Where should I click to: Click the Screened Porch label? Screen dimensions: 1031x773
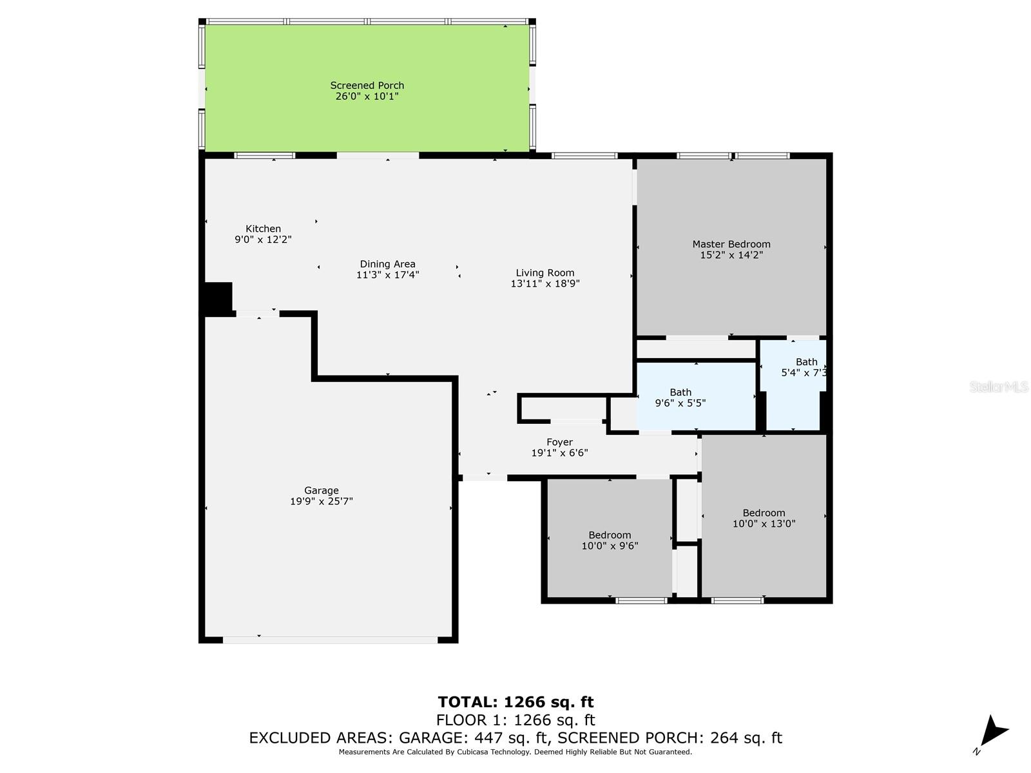pos(367,86)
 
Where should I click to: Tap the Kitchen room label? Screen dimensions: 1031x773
pos(263,229)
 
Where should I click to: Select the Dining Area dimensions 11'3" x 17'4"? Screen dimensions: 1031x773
pos(387,275)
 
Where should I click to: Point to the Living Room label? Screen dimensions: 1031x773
pos(545,272)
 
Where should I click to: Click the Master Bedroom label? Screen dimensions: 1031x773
pos(731,244)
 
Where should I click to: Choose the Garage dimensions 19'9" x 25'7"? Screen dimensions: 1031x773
pos(322,501)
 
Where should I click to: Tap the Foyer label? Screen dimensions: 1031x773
pos(559,442)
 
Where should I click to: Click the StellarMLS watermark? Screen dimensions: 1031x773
pos(999,386)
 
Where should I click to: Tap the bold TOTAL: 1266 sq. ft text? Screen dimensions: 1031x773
pos(515,702)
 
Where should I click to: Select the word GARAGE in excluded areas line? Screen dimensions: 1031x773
pos(432,738)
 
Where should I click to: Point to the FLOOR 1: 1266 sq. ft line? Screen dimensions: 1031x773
pos(515,720)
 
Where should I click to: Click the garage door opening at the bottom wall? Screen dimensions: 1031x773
pos(330,640)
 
